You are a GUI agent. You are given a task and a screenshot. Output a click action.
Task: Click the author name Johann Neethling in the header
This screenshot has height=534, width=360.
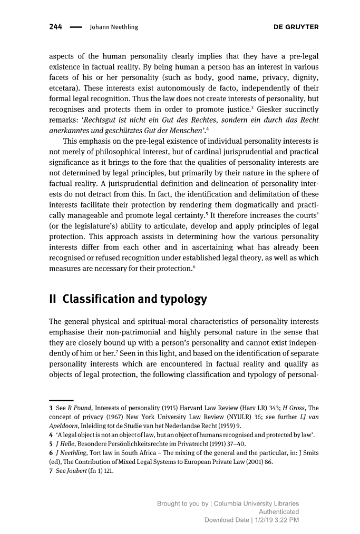(x=114, y=27)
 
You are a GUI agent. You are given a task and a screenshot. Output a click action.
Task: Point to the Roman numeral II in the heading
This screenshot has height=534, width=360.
(x=53, y=300)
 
